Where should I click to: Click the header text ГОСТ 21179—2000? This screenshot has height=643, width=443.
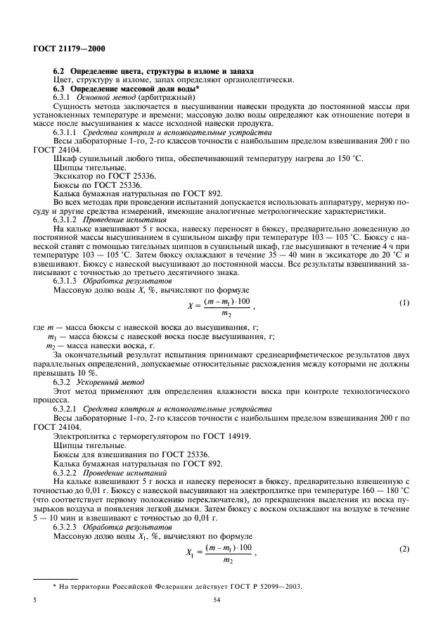65,49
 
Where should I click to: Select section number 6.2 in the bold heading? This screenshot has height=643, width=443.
59,72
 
